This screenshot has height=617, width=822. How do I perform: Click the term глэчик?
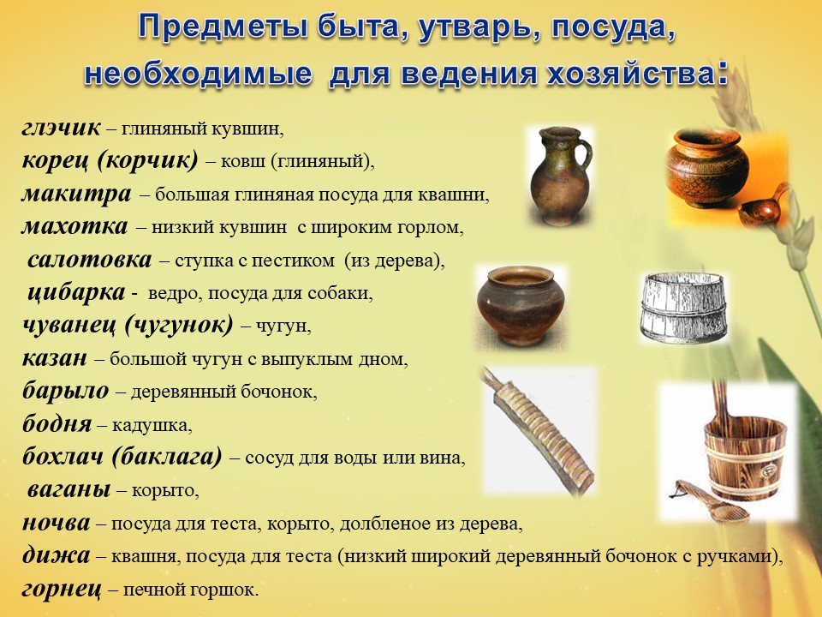[61, 128]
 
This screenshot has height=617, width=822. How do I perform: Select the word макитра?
[76, 194]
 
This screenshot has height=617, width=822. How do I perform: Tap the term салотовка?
[89, 259]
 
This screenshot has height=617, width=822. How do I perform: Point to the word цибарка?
[76, 292]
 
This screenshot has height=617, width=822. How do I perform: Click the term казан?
[55, 358]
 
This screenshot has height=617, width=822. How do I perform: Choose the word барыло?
[66, 391]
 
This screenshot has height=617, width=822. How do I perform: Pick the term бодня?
[57, 423]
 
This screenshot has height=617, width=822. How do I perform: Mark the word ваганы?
[68, 489]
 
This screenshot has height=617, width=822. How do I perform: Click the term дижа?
[57, 555]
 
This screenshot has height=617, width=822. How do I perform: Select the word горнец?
[62, 589]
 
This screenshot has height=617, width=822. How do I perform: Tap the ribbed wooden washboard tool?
[540, 434]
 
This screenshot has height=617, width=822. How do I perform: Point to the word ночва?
[57, 523]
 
